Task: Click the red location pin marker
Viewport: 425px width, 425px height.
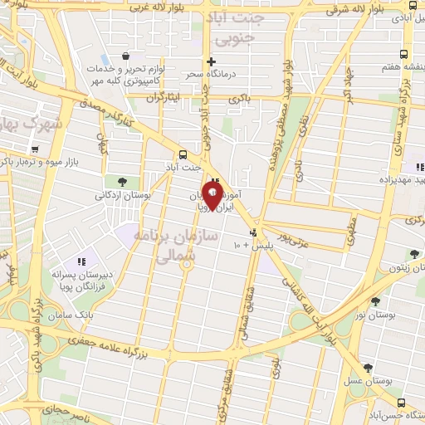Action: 212,195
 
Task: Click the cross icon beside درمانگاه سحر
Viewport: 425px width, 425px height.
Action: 212,61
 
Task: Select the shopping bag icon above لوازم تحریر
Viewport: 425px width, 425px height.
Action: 125,56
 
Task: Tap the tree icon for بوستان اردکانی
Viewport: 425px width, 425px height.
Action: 122,182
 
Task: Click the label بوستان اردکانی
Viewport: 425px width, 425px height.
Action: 122,196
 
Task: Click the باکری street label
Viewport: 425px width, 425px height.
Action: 241,100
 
